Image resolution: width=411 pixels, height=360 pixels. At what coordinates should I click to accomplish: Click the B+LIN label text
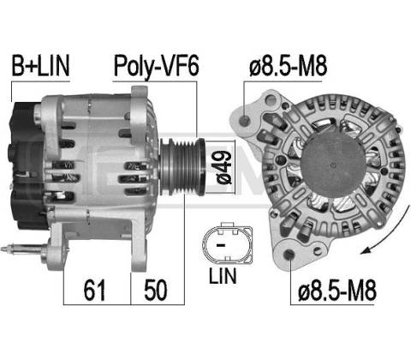click(40, 66)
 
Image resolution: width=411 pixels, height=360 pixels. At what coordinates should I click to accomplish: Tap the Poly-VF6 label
click(156, 67)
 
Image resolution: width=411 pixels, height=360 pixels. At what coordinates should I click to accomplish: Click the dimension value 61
click(94, 290)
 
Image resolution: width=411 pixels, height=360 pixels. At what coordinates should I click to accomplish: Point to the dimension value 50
click(156, 290)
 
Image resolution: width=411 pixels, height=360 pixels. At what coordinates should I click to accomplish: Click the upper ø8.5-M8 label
click(288, 66)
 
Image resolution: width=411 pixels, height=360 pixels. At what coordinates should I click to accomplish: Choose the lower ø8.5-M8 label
click(337, 291)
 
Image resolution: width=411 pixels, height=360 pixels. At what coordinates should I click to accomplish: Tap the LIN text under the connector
click(223, 276)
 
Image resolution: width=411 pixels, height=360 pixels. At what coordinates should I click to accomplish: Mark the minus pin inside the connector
click(221, 245)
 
